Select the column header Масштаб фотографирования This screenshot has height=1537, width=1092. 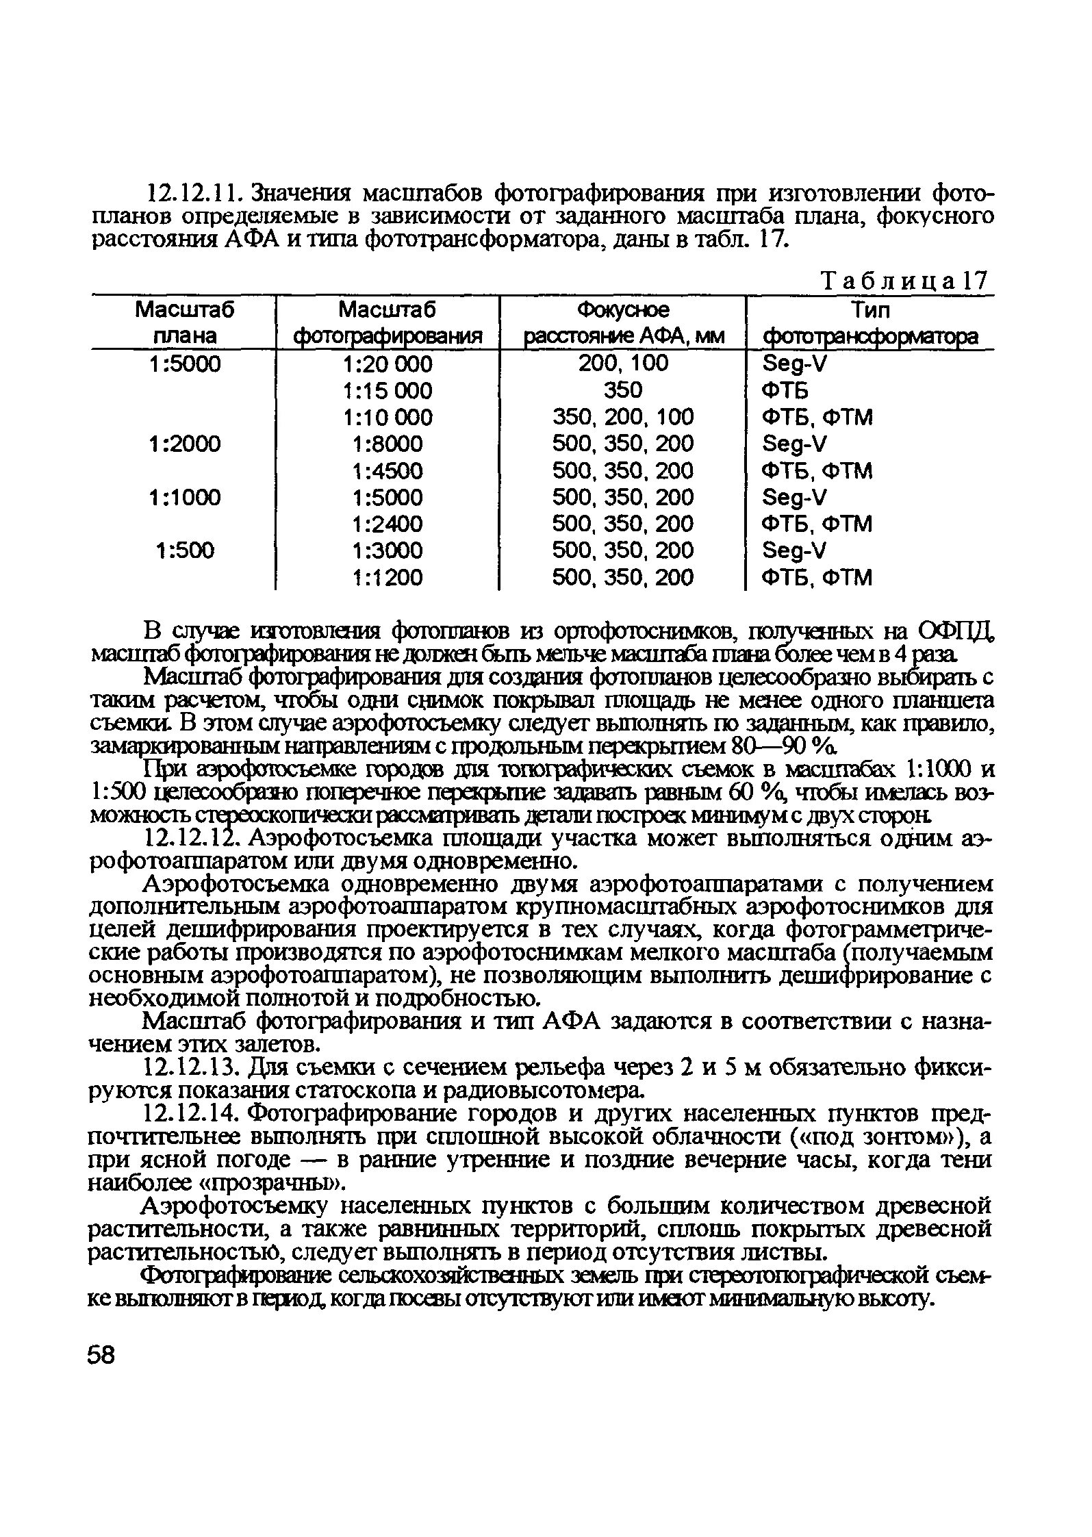[x=388, y=323]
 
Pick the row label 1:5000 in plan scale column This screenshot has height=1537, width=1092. [x=185, y=364]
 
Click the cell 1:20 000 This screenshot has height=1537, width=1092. [x=388, y=364]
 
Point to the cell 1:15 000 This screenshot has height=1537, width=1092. [x=388, y=391]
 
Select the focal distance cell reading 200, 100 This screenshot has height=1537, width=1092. [x=623, y=363]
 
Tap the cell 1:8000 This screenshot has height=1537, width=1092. [x=388, y=444]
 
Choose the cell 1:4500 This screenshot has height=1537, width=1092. [x=388, y=471]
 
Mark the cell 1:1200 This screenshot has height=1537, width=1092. [x=388, y=578]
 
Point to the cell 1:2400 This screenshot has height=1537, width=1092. [x=388, y=524]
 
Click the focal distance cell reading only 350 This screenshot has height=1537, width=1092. [x=623, y=390]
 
